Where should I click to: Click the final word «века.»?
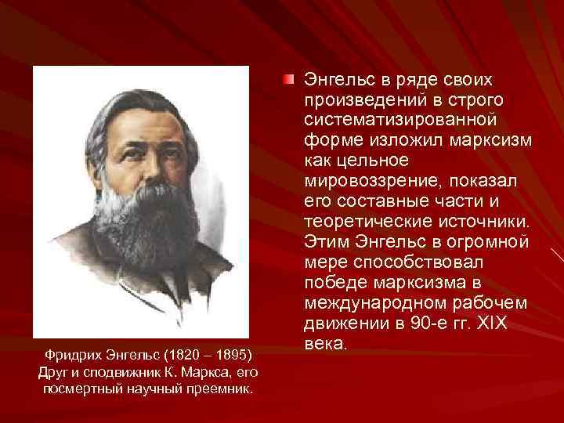point(323,344)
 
